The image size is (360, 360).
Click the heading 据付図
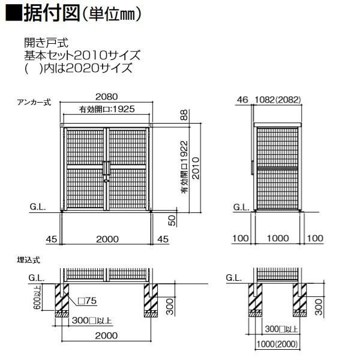click(50, 13)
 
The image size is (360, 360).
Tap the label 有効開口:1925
click(106, 109)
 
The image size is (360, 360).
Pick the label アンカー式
click(34, 103)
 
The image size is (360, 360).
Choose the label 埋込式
click(29, 260)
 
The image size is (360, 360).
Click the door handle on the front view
click(106, 170)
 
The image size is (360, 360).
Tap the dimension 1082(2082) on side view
click(278, 100)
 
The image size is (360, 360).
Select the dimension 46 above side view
click(242, 100)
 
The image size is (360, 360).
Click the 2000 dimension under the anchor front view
click(106, 239)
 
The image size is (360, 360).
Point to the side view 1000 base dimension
click(277, 239)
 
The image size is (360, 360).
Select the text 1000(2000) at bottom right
click(276, 345)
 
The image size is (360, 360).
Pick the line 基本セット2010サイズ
click(82, 55)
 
